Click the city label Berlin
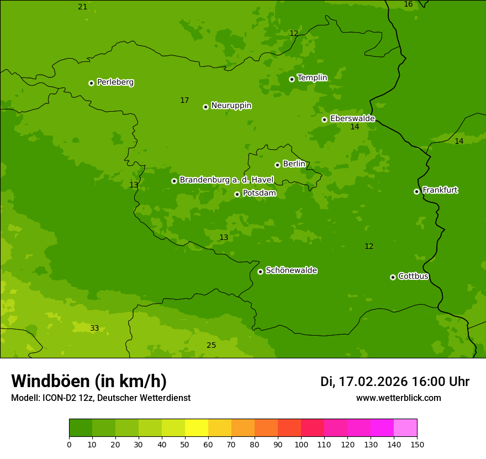(294, 164)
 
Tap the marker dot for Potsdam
(237, 194)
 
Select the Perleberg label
(115, 82)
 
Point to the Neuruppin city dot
(205, 107)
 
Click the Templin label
(312, 78)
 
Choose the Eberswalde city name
(352, 119)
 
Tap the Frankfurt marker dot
(416, 191)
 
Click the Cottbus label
(413, 276)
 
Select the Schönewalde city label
(291, 270)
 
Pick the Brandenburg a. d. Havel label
(226, 180)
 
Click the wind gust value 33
(94, 328)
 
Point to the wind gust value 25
(211, 346)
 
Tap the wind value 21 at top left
(82, 7)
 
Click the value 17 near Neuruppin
(184, 101)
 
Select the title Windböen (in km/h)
(89, 381)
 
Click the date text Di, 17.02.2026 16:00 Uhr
(394, 382)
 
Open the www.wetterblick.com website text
(398, 398)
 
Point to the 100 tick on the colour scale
(301, 444)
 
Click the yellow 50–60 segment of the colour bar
(197, 428)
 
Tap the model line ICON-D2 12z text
(101, 398)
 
